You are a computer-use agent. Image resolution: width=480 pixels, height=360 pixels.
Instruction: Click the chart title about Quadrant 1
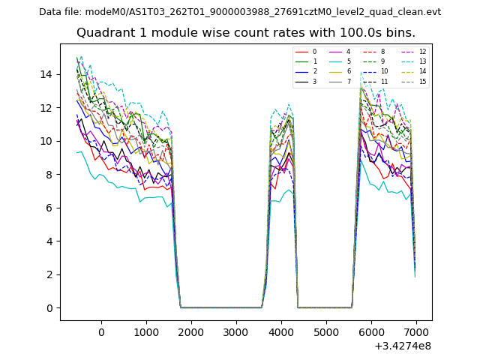tap(245, 33)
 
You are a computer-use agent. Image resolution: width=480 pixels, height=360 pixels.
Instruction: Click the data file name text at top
tap(240, 12)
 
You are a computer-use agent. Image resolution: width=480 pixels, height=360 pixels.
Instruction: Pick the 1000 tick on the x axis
tap(146, 331)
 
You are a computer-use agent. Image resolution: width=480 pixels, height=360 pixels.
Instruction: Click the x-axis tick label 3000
tap(236, 331)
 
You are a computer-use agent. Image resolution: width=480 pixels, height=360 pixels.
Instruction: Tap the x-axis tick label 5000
tap(326, 331)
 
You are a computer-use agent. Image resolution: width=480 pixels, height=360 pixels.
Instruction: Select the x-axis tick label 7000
tap(416, 331)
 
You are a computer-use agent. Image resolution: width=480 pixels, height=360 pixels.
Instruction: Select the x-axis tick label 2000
tap(191, 331)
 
